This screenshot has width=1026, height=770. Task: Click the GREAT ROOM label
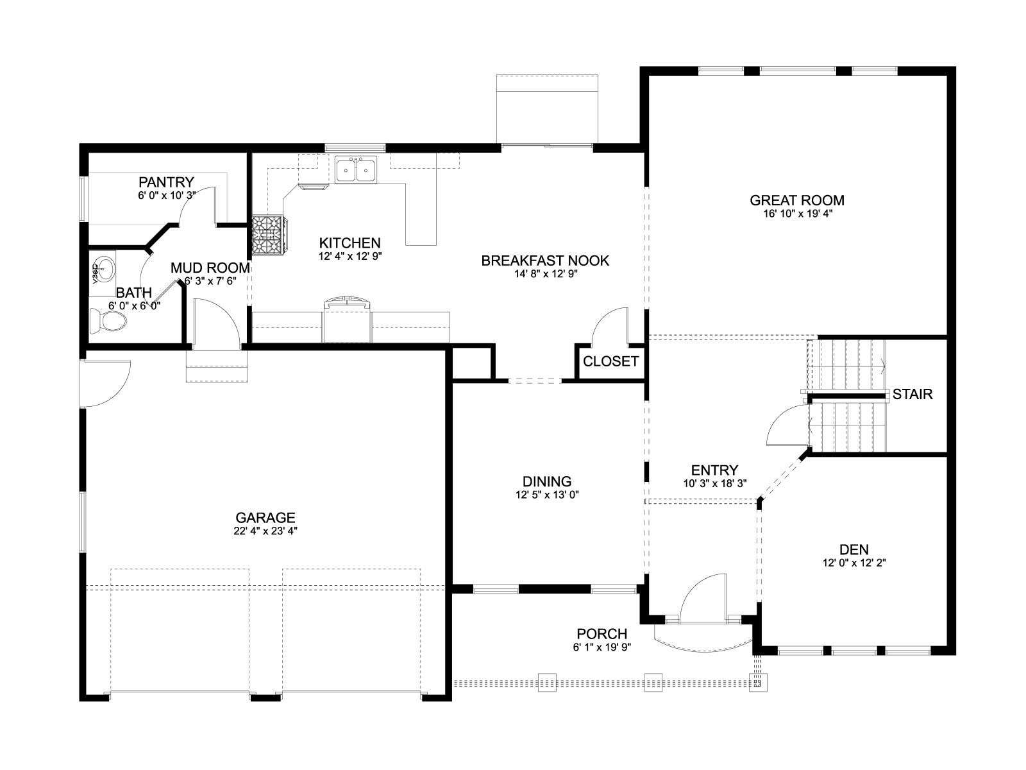(796, 200)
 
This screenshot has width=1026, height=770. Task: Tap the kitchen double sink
(356, 170)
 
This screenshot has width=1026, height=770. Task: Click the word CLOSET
(610, 361)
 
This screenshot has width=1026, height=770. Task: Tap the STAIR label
(912, 394)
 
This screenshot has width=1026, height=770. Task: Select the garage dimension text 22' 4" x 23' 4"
(265, 531)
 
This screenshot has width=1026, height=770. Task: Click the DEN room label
(854, 549)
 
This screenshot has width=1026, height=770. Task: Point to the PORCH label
(601, 633)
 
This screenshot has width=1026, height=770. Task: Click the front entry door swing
(703, 599)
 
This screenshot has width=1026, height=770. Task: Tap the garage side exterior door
(105, 383)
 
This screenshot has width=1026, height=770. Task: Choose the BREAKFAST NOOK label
(545, 261)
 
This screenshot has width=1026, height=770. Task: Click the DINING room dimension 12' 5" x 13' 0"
(547, 495)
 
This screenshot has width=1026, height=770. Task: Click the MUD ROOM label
(210, 268)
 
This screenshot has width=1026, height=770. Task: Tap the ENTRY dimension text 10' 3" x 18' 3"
(715, 483)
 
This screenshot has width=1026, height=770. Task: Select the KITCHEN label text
(349, 243)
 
